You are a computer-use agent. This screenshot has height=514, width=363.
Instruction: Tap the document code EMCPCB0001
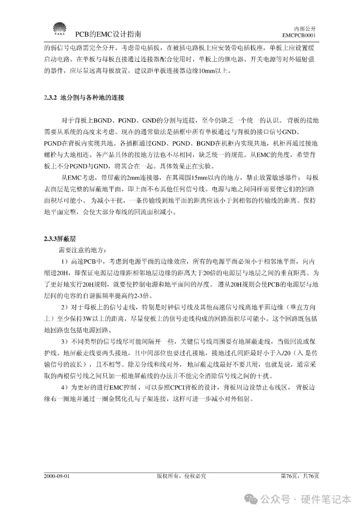[299, 35]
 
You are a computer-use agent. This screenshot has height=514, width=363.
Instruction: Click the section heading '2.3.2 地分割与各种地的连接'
[84, 98]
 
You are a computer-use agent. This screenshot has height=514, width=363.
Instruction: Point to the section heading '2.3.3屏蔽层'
[59, 239]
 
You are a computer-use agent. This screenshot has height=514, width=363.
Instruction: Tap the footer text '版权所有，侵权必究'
[181, 476]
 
